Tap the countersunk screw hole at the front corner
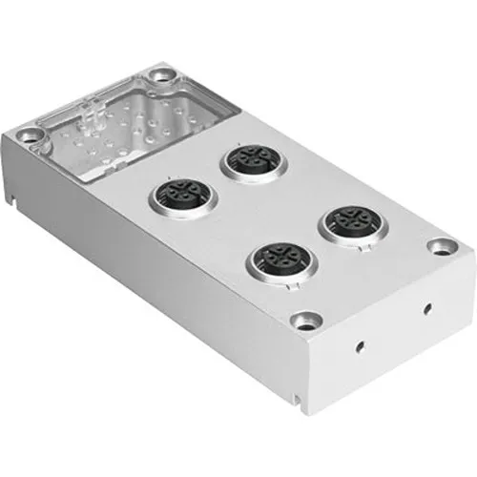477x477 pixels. pos(306,322)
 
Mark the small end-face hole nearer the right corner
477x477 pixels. pos(425,307)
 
